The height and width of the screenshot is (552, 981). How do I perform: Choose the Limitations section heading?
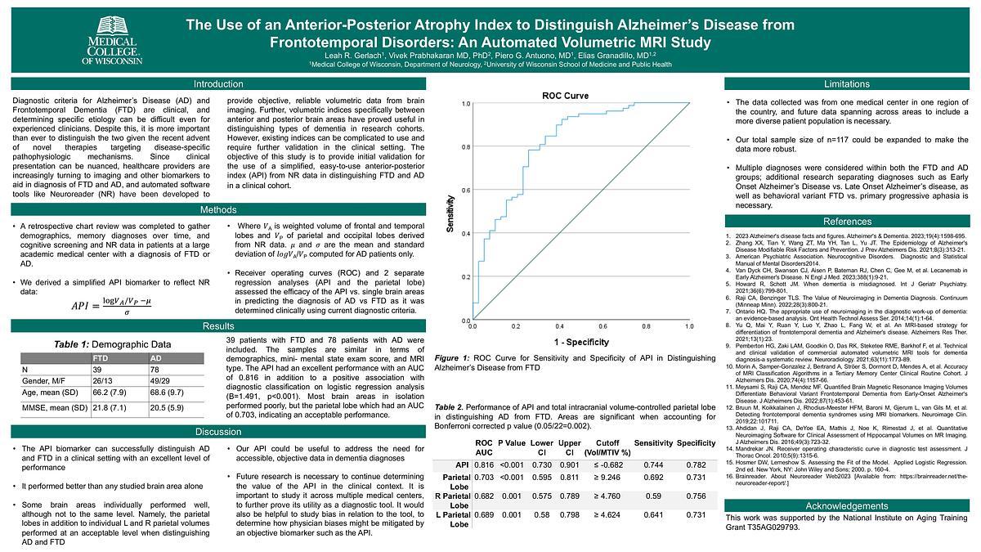pos(846,84)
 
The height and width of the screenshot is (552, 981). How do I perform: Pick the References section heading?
pos(846,221)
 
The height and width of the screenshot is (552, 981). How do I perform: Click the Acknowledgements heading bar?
pos(846,505)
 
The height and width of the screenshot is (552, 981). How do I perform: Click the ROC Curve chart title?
pos(565,96)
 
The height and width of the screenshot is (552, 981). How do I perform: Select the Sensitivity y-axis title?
pos(450,214)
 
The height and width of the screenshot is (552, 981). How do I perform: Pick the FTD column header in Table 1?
pos(101,358)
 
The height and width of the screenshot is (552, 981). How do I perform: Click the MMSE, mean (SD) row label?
pos(56,407)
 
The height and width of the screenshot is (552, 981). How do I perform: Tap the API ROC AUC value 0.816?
pos(484,464)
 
